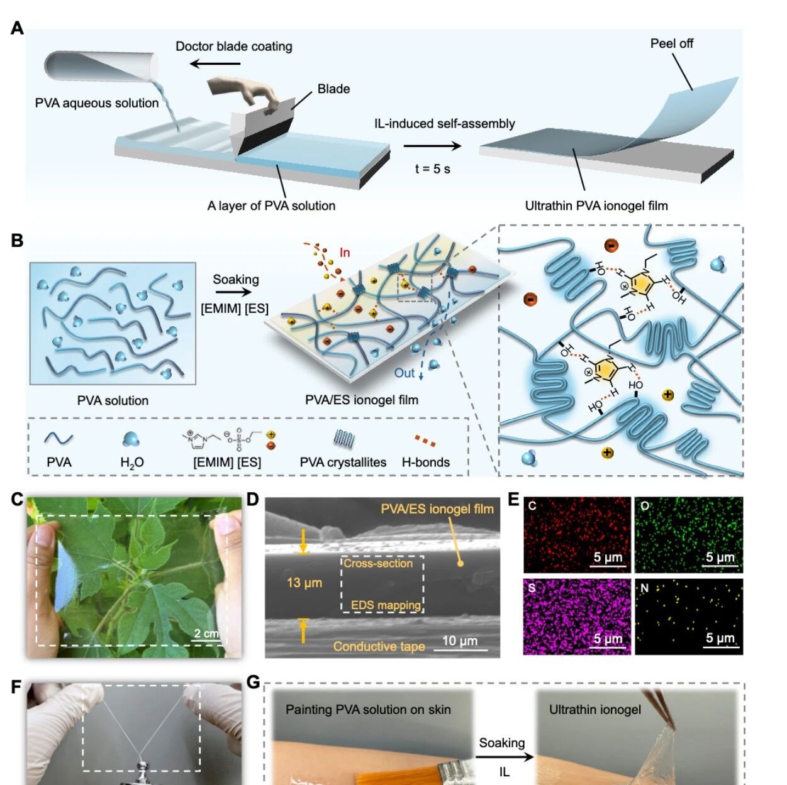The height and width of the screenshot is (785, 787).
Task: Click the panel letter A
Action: click(x=17, y=28)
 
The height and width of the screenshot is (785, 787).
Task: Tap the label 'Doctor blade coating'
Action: click(x=233, y=47)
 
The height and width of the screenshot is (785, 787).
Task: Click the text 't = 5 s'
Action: click(x=432, y=168)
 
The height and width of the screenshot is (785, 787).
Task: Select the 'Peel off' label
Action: click(x=671, y=43)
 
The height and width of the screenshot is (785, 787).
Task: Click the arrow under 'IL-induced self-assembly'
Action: click(x=432, y=146)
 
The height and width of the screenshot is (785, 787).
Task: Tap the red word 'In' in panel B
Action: click(x=345, y=253)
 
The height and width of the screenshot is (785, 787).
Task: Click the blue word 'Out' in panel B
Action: click(x=405, y=373)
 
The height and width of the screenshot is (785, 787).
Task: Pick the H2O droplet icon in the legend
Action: click(x=131, y=440)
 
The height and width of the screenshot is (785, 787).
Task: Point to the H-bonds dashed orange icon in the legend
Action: click(x=425, y=441)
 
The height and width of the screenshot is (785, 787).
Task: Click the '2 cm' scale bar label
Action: click(x=206, y=633)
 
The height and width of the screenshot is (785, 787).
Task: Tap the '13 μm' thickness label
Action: click(x=304, y=583)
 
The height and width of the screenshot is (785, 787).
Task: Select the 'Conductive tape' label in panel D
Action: click(x=379, y=646)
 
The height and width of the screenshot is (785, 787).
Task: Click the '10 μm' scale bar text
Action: click(x=460, y=640)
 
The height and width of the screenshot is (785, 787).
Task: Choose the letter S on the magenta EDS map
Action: click(x=532, y=588)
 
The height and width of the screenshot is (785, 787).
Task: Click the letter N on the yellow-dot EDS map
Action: click(x=644, y=588)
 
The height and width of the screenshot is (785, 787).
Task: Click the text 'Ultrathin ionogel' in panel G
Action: click(x=594, y=710)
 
